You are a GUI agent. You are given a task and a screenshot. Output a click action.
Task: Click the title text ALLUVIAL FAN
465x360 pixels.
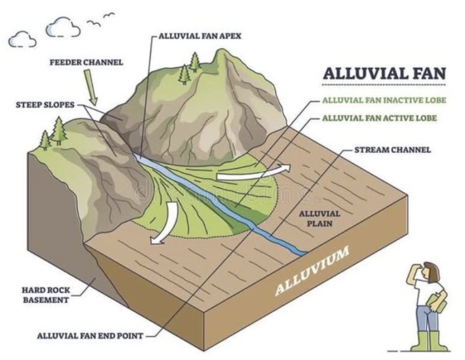tap(384, 73)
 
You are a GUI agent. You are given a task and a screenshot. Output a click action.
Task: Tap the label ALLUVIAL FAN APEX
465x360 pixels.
tap(200, 36)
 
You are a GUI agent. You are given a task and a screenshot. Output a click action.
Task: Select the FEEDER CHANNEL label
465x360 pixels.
tap(87, 63)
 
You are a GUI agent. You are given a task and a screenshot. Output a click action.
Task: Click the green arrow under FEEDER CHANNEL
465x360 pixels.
tap(91, 88)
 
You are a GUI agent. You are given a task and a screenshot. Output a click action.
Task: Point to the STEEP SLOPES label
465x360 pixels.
tap(45, 105)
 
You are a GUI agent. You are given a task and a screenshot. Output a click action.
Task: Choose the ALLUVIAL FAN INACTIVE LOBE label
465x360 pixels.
tap(384, 100)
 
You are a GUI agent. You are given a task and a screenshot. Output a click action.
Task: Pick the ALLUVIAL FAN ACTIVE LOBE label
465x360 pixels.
tap(379, 118)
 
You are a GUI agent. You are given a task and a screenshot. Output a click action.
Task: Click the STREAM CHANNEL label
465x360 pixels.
tap(392, 150)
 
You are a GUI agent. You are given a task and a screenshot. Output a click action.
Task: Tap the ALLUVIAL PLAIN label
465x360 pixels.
tap(320, 219)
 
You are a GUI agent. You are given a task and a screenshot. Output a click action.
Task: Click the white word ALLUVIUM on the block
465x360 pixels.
tap(312, 271)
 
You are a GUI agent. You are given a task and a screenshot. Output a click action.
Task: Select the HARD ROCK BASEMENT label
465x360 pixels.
tap(46, 295)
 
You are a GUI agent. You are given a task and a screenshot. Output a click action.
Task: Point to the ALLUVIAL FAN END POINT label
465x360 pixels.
tap(90, 335)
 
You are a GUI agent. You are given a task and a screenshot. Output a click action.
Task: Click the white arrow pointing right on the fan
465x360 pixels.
tap(253, 173)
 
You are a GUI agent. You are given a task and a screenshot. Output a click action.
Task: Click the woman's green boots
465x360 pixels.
tap(429, 341)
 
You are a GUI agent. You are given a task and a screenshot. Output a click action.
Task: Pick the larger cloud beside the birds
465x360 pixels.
tap(63, 27)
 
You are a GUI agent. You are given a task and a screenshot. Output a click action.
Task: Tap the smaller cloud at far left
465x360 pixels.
tap(22, 39)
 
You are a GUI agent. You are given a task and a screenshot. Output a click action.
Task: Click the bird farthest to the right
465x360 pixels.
tap(109, 15)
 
